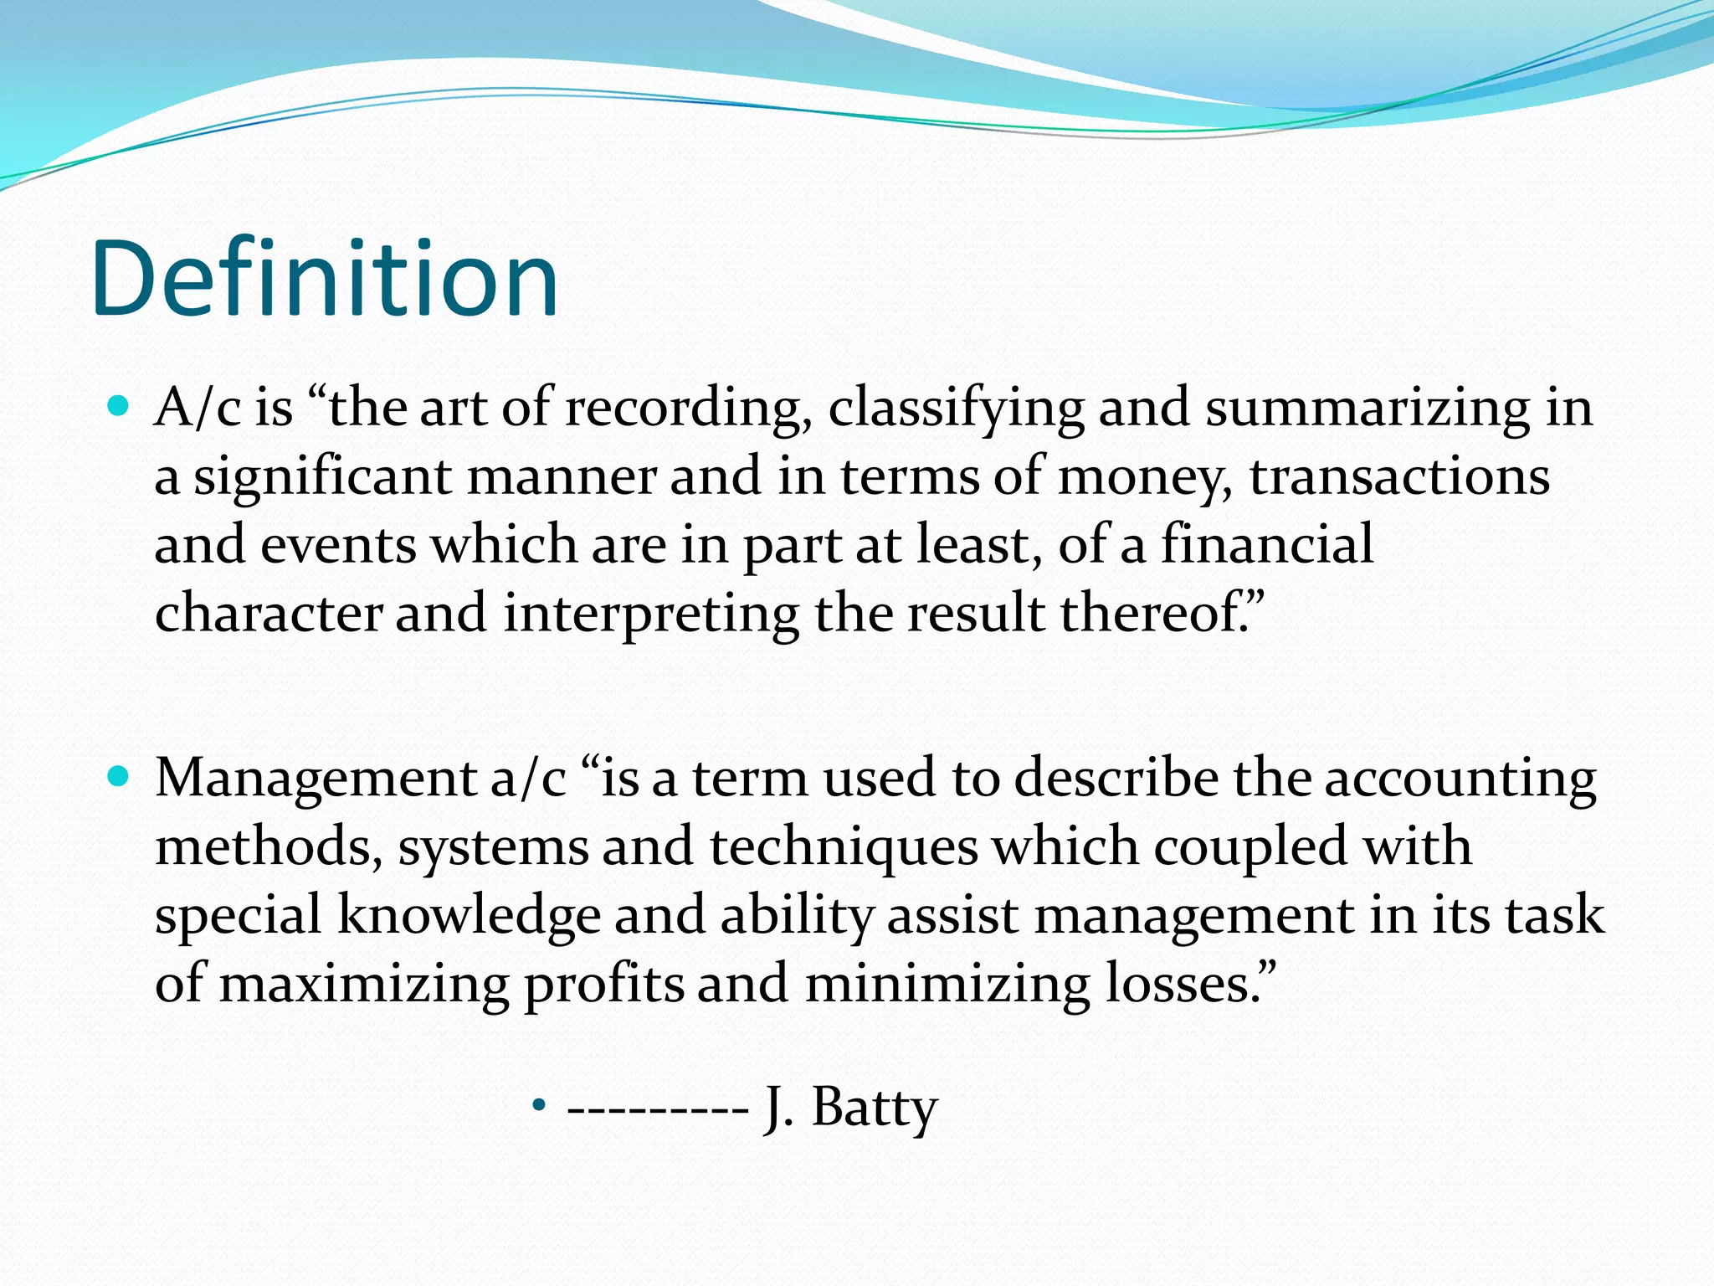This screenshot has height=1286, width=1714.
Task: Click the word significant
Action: click(323, 478)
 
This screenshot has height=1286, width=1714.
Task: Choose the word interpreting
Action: click(651, 614)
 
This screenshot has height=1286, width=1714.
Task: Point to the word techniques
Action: click(844, 846)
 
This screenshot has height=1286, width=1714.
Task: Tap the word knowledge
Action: click(469, 915)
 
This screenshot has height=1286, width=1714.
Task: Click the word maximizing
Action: click(364, 985)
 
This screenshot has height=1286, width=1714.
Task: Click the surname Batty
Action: click(875, 1109)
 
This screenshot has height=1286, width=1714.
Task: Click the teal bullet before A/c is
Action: click(120, 408)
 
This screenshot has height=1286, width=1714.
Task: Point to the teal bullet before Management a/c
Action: click(120, 778)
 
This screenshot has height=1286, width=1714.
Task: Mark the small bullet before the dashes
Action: click(539, 1107)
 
